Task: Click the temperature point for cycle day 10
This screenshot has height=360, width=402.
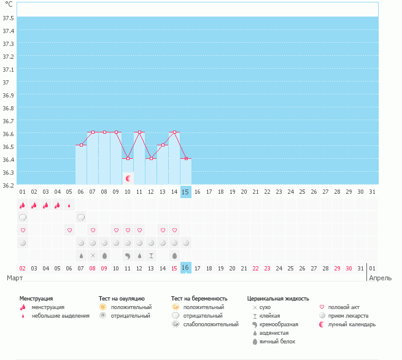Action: (128, 158)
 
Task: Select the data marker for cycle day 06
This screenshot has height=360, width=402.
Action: (81, 145)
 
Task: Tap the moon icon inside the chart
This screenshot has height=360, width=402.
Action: (128, 178)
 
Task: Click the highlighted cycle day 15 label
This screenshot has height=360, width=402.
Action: (185, 192)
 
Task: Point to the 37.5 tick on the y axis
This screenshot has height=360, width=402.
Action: (9, 18)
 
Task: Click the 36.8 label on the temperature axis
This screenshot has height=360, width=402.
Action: (9, 108)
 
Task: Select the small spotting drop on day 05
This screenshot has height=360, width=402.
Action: (69, 206)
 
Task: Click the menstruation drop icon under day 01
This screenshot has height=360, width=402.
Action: (23, 205)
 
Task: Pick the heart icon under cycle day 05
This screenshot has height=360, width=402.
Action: (69, 231)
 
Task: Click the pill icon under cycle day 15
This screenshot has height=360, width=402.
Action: (186, 243)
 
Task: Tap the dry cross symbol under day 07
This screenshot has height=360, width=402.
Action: (93, 255)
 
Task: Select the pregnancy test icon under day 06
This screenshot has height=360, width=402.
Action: (81, 218)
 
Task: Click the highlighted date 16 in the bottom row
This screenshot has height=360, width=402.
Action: (185, 268)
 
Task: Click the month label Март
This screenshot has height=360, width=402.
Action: (15, 278)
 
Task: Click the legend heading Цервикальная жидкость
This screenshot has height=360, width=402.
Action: (278, 298)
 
